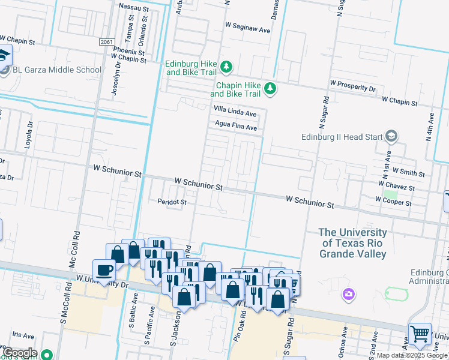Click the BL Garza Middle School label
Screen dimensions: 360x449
[x=56, y=70]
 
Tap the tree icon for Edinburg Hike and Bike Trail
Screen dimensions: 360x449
[x=226, y=66]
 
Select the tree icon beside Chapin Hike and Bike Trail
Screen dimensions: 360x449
[x=270, y=88]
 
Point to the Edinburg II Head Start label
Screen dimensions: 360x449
[x=342, y=137]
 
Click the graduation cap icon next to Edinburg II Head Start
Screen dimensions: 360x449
[x=392, y=136]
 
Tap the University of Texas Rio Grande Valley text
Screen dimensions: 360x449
[x=352, y=243]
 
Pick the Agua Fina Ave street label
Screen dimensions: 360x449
[x=237, y=127]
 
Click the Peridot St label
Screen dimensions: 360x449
[x=172, y=202]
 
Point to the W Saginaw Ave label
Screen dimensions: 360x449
[x=247, y=26]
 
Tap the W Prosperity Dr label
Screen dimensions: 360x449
[x=352, y=88]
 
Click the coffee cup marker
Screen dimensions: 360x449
[x=104, y=269]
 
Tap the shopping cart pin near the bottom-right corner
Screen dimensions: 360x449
[x=420, y=334]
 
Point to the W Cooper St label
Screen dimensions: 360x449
[x=393, y=203]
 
